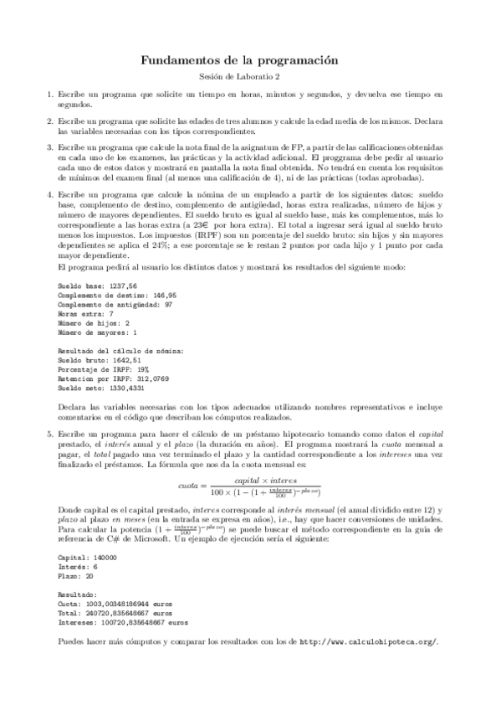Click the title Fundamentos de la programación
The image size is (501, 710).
[250, 60]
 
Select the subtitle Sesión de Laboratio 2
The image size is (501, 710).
[250, 77]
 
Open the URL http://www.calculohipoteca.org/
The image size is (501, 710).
[367, 641]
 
